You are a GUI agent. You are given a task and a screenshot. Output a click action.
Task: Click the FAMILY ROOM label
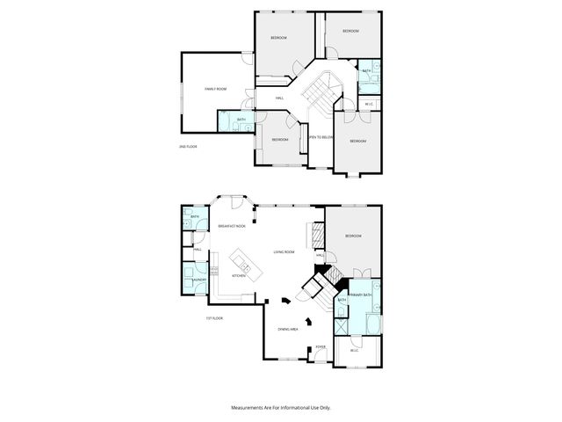pyautogui.click(x=216, y=89)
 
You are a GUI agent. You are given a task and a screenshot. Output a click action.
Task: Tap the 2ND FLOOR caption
pyautogui.click(x=188, y=146)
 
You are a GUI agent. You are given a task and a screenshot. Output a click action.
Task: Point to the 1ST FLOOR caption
pyautogui.click(x=215, y=318)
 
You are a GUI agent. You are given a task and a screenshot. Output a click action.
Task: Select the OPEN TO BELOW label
pyautogui.click(x=320, y=137)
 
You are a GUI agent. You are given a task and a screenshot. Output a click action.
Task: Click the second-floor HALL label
pyautogui.click(x=278, y=98)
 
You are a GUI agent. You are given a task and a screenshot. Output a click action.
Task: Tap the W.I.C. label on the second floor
pyautogui.click(x=370, y=105)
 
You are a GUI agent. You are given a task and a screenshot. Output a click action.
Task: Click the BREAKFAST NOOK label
pyautogui.click(x=231, y=227)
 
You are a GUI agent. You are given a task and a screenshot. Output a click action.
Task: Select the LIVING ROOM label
pyautogui.click(x=283, y=251)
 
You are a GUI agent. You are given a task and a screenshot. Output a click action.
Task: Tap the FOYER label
pyautogui.click(x=321, y=346)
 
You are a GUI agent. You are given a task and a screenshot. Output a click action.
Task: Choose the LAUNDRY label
pyautogui.click(x=199, y=280)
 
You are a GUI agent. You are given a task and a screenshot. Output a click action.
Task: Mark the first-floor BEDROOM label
pyautogui.click(x=353, y=236)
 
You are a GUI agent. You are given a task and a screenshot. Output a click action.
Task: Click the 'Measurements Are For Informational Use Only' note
pyautogui.click(x=280, y=408)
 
